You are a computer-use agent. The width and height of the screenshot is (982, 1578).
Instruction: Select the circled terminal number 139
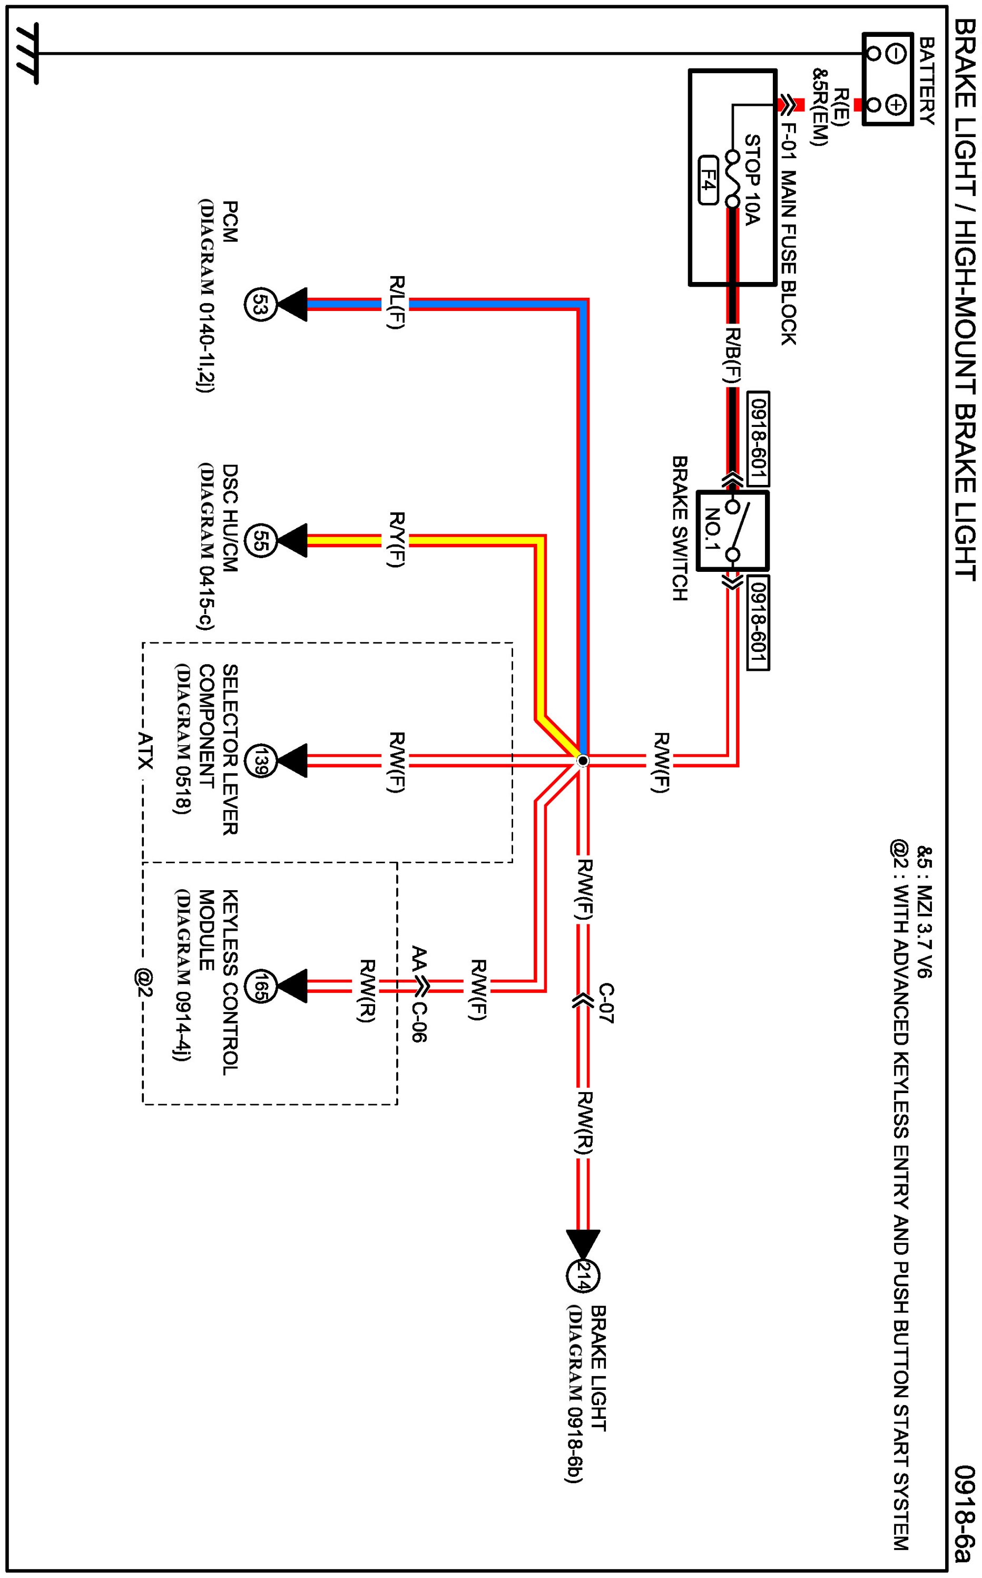tap(265, 760)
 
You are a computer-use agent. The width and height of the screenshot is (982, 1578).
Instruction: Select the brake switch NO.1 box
tap(723, 531)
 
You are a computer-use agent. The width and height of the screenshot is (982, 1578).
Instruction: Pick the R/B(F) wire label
tap(734, 355)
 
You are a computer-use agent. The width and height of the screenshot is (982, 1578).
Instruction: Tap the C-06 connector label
tap(419, 1020)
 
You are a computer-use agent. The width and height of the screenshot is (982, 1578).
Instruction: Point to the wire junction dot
tap(583, 760)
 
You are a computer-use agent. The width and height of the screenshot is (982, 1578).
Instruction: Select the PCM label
tap(229, 222)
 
